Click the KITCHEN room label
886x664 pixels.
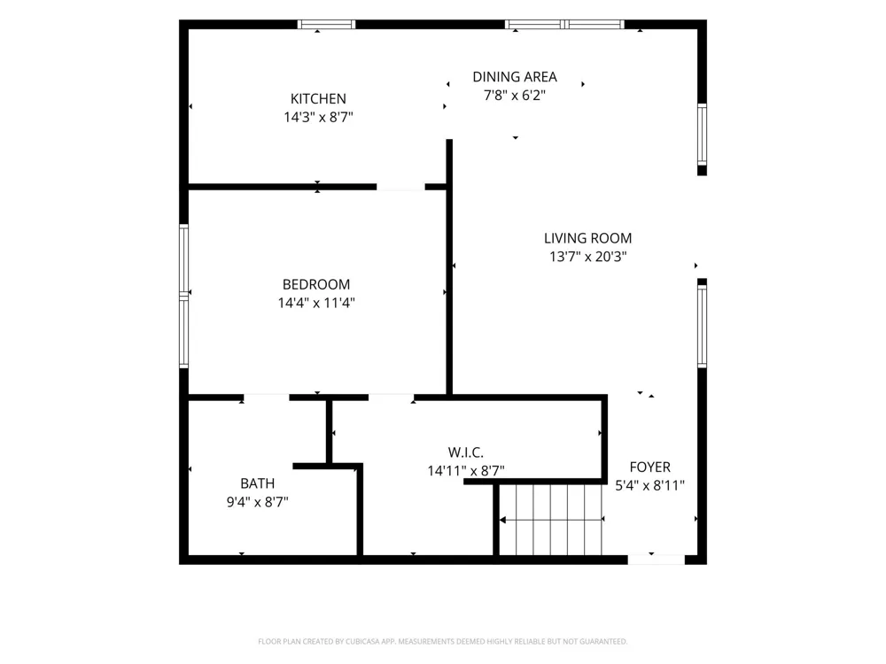pos(318,99)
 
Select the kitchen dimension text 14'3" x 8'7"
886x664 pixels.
pos(318,117)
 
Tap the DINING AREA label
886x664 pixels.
pos(515,77)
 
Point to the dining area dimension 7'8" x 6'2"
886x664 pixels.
pos(515,95)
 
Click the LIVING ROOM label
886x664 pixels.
pos(587,238)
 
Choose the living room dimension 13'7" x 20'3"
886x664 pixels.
pos(587,257)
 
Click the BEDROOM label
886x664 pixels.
pos(316,284)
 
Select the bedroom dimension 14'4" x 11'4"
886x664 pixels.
pos(316,303)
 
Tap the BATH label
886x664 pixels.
pos(258,483)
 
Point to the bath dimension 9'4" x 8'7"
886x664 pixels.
pos(258,501)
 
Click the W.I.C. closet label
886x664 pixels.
pos(466,452)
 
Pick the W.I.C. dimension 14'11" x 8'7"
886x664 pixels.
pos(466,470)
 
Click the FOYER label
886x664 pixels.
pos(649,467)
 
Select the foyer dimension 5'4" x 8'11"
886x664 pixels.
pos(649,485)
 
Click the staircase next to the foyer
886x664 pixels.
pos(551,520)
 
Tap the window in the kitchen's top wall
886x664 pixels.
pos(327,24)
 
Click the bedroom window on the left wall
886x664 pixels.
pos(183,296)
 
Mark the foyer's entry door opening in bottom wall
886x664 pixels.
pos(656,560)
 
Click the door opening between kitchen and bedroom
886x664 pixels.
pos(400,187)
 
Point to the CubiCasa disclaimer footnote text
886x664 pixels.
pos(442,641)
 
